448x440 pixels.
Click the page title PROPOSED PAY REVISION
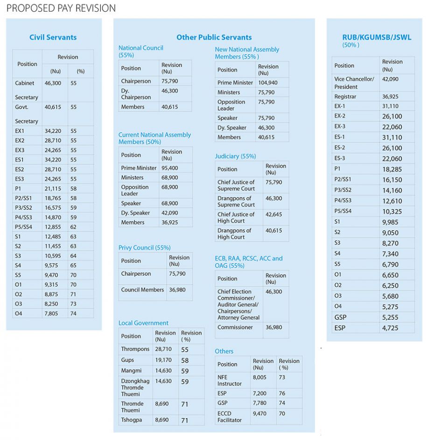point(61,8)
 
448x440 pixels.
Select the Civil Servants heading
point(53,37)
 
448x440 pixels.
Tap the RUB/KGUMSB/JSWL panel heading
point(377,37)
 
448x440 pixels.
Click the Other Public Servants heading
point(214,37)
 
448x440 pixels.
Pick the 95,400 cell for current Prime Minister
point(169,168)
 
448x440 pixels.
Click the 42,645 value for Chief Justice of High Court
point(273,215)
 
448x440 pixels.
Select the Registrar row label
point(345,97)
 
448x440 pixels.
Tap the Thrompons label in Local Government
point(135,349)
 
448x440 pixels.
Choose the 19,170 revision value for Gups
point(163,360)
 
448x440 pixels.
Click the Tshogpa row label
point(132,420)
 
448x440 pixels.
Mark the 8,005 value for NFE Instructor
point(259,377)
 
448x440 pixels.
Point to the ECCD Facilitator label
point(229,417)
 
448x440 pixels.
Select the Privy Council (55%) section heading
point(144,248)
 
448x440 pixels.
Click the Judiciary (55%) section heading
point(235,156)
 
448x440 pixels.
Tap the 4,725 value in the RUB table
point(390,328)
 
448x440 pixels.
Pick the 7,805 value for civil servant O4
point(51,314)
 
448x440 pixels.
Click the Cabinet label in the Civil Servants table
point(25,83)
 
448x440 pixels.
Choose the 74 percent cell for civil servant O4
point(74,314)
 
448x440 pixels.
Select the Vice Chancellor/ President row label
point(354,83)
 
